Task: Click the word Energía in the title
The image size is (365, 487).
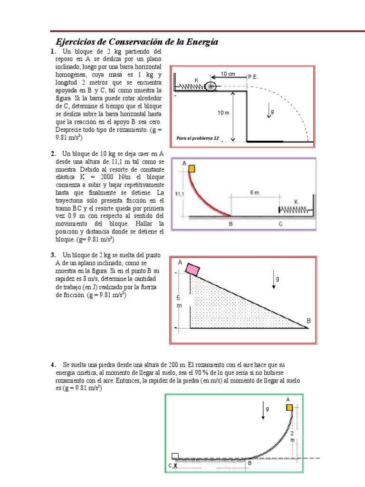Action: (x=201, y=42)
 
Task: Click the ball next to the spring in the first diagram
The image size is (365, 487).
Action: (x=211, y=87)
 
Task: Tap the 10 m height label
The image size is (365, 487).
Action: (x=224, y=113)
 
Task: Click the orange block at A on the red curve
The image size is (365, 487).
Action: (x=192, y=168)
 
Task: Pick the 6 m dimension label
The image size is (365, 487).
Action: (x=254, y=193)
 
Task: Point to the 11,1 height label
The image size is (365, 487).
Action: (x=179, y=194)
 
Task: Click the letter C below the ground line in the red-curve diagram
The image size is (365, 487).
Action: (x=280, y=224)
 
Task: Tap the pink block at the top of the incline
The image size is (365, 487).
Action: (x=193, y=270)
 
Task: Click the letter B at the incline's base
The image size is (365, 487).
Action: (x=308, y=321)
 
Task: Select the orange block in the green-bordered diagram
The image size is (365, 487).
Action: (x=289, y=407)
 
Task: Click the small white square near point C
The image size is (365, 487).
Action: (x=175, y=456)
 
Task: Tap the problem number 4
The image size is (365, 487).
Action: (x=53, y=365)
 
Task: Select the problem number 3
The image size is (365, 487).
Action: (x=53, y=255)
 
